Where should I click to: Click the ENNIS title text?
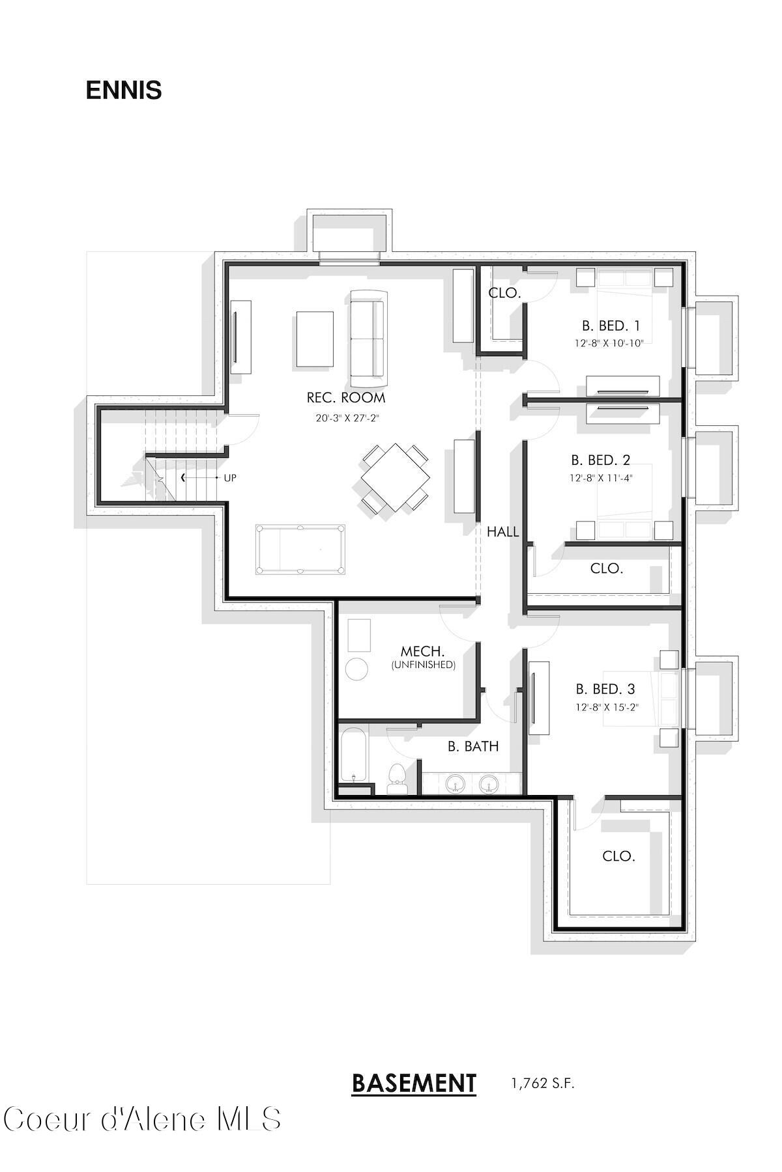[x=123, y=91]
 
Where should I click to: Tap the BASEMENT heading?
[x=414, y=1083]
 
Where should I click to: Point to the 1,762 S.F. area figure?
[x=543, y=1083]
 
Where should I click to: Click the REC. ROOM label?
[x=346, y=398]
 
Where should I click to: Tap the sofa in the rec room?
[x=368, y=338]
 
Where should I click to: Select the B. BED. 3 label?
[x=605, y=689]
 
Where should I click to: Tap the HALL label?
[x=502, y=532]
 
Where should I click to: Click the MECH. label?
[x=422, y=651]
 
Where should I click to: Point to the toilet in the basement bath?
[x=396, y=779]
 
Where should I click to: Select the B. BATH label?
[x=473, y=747]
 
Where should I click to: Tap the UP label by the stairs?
[x=230, y=478]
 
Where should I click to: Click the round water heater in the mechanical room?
[x=356, y=669]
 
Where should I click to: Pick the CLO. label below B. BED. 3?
[x=618, y=856]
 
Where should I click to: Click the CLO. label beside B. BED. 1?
[x=504, y=293]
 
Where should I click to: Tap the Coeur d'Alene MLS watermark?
[x=142, y=1120]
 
